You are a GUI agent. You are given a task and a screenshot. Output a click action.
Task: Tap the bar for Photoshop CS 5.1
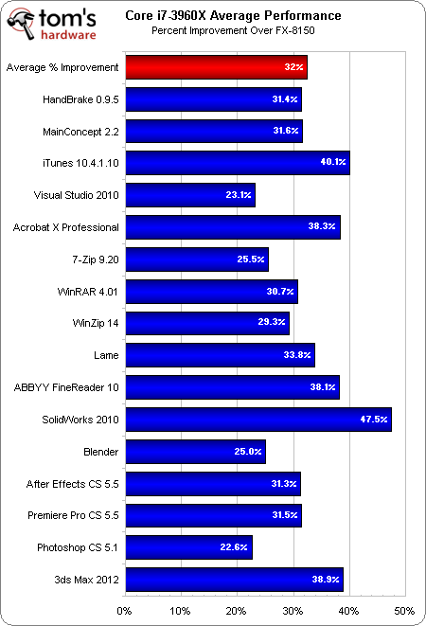click(x=187, y=547)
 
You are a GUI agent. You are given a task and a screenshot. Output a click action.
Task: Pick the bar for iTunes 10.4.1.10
click(x=237, y=163)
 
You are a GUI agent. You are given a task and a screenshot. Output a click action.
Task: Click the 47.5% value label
click(x=374, y=420)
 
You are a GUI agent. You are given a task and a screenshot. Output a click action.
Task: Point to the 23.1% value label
click(x=238, y=195)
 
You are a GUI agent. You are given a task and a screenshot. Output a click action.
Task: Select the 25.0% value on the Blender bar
click(x=248, y=452)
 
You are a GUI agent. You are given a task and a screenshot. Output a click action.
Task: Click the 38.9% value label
click(x=326, y=580)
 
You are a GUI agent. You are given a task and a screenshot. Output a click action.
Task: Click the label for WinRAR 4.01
click(x=86, y=291)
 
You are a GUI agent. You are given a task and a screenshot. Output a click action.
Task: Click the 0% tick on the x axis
click(x=124, y=610)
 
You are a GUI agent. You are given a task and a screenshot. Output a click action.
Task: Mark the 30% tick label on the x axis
click(x=293, y=610)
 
